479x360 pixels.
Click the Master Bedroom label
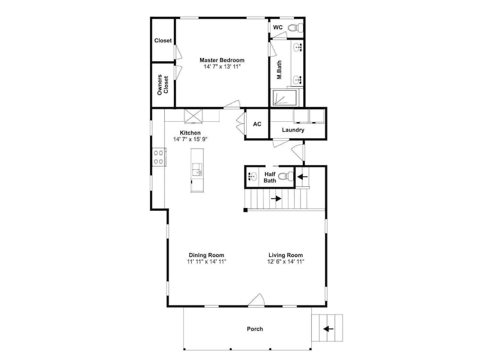[x=222, y=60]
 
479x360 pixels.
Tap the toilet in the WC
[x=296, y=28]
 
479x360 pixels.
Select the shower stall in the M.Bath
[x=285, y=97]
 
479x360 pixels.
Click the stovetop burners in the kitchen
[x=159, y=157]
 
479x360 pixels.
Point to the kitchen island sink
[x=197, y=170]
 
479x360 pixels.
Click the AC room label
[x=257, y=124]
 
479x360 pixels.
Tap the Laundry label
[x=293, y=130]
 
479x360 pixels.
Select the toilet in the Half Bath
[x=286, y=176]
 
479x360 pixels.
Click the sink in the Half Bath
[x=252, y=176]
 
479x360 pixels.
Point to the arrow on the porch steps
[x=329, y=329]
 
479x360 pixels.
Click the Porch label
[x=255, y=329]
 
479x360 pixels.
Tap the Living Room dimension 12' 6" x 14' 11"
[x=285, y=262]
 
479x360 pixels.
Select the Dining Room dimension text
[x=206, y=262]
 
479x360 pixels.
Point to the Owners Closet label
[x=163, y=85]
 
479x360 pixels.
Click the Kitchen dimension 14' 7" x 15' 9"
[x=190, y=139]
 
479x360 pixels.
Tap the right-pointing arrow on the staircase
[x=276, y=198]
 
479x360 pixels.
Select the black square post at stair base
[x=245, y=210]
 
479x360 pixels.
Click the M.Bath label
[x=279, y=70]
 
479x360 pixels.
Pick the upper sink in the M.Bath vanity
[x=297, y=47]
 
